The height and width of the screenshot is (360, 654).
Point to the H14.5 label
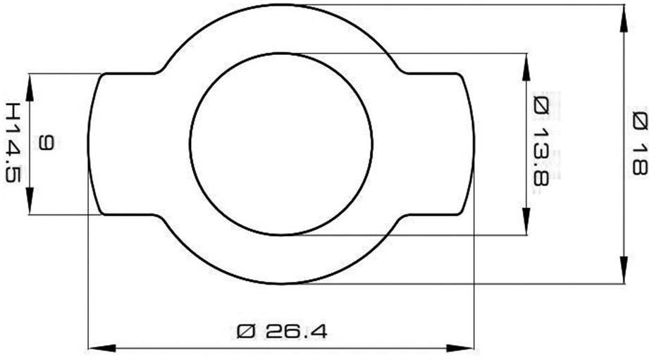click(x=12, y=142)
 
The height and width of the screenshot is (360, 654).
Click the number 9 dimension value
click(x=46, y=143)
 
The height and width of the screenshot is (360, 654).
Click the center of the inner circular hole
click(x=281, y=144)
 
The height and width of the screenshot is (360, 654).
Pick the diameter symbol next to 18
click(x=638, y=120)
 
